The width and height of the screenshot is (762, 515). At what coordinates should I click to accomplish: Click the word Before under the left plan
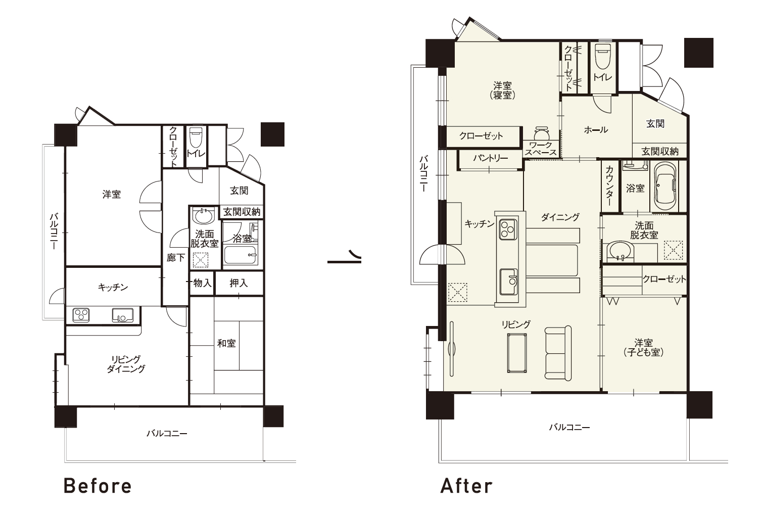(x=98, y=486)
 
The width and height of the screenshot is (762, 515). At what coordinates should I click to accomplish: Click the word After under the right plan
(x=466, y=486)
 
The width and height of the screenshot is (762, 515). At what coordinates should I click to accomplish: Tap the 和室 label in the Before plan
(x=226, y=343)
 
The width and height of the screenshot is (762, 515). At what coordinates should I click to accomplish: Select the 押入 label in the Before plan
(x=239, y=283)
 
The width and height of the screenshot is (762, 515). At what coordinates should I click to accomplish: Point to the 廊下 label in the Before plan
(x=175, y=258)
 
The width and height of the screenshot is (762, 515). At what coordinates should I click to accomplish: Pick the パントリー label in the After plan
(x=490, y=158)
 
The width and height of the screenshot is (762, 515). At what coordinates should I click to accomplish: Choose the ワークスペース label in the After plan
(x=541, y=149)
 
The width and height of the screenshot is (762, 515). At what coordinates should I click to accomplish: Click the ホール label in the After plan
(x=596, y=129)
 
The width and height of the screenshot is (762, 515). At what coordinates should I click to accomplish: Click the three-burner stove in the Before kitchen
(x=81, y=315)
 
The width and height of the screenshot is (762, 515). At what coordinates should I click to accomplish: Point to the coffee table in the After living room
(x=517, y=353)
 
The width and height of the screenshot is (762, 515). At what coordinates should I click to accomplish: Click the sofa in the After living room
(x=558, y=353)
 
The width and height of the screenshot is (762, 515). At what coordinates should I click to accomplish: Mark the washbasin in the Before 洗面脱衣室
(x=204, y=216)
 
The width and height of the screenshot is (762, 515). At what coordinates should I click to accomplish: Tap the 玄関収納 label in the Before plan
(x=242, y=212)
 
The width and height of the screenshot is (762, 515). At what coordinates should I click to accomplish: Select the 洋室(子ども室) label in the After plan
(x=644, y=347)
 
